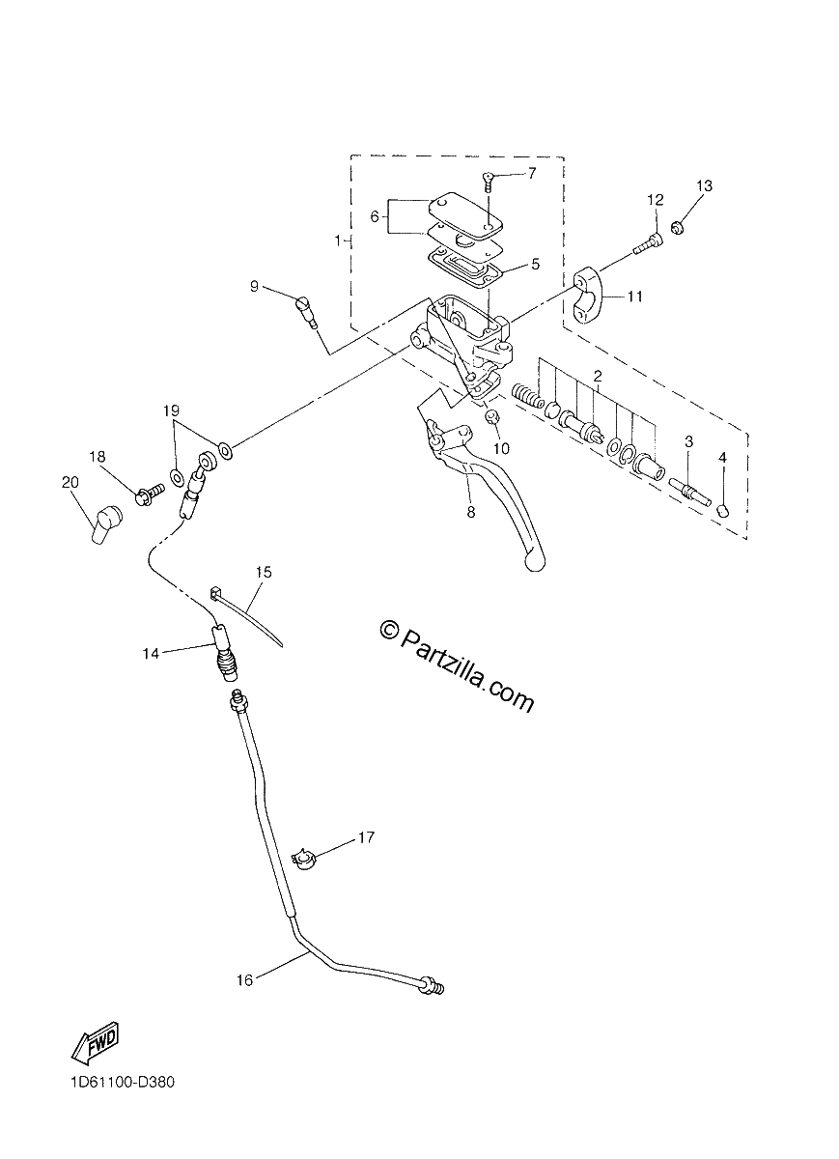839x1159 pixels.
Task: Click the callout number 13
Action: pos(704,185)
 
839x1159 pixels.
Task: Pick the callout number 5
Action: pos(535,264)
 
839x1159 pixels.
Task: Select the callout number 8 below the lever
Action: pos(471,512)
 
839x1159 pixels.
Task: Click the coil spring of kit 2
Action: pos(527,398)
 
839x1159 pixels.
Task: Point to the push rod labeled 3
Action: pos(690,491)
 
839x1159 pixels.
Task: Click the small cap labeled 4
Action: pos(722,512)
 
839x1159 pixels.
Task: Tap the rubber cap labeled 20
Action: pos(105,523)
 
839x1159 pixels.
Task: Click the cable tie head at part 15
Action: pos(215,592)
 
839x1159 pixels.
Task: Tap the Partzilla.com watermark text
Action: pos(458,664)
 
